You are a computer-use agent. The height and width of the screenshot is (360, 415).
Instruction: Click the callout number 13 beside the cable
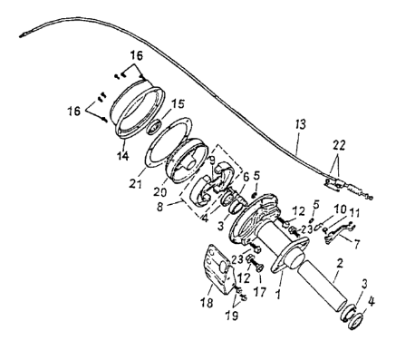pyautogui.click(x=300, y=124)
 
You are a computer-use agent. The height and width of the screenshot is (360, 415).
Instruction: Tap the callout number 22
pyautogui.click(x=339, y=145)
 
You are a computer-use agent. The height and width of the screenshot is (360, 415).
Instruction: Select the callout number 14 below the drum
pyautogui.click(x=123, y=156)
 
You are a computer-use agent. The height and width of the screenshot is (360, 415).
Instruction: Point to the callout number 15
pyautogui.click(x=178, y=104)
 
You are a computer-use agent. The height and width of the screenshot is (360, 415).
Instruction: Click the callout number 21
pyautogui.click(x=135, y=183)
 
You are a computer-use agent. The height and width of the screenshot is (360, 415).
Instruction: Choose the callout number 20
pyautogui.click(x=159, y=191)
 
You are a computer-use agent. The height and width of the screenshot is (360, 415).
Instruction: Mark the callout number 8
pyautogui.click(x=159, y=207)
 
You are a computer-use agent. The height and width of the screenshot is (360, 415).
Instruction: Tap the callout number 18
pyautogui.click(x=207, y=302)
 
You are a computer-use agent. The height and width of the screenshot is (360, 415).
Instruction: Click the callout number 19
pyautogui.click(x=232, y=316)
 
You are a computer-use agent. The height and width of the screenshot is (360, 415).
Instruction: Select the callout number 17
pyautogui.click(x=260, y=292)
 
